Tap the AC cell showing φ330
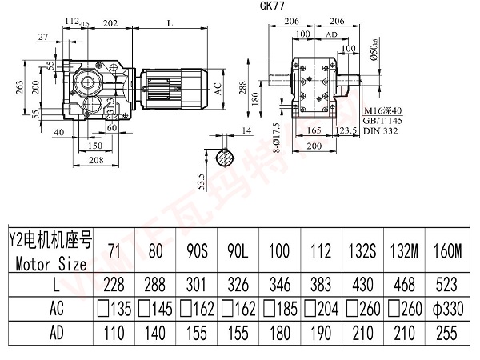[x=446, y=308]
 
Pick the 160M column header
[x=446, y=251]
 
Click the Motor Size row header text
[x=49, y=262]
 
